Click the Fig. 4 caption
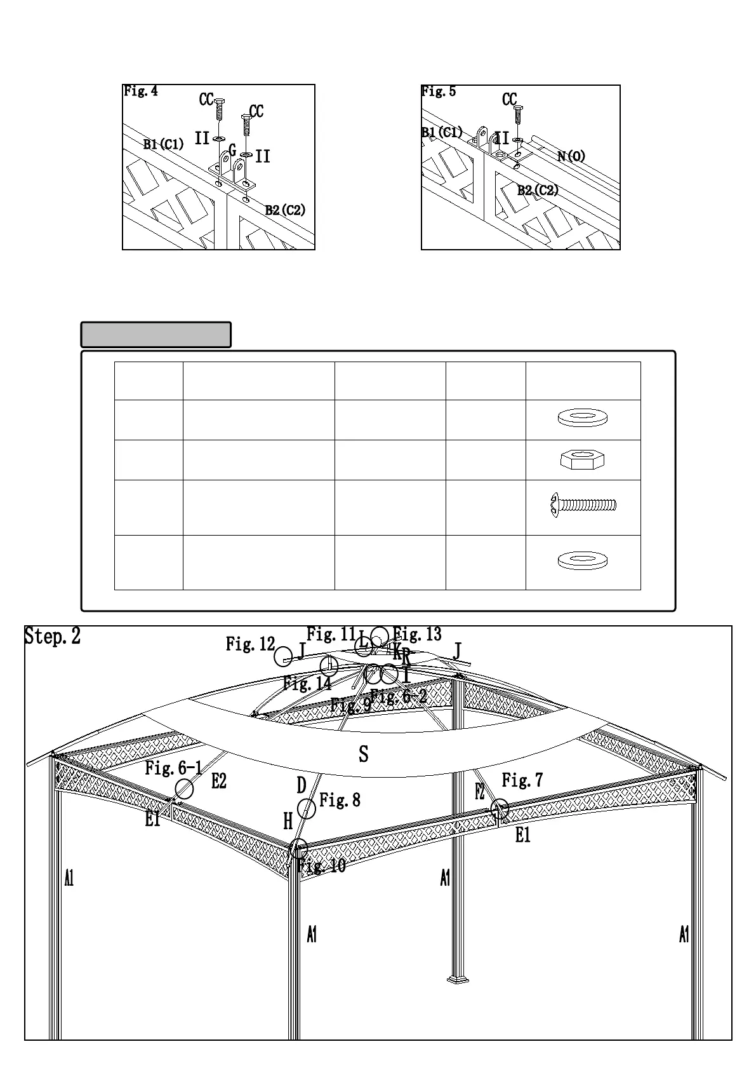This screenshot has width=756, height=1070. [x=141, y=91]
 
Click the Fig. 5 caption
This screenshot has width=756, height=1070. [x=439, y=91]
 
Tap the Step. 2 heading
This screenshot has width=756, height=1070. [x=53, y=636]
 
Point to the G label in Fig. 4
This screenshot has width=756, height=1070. [x=232, y=151]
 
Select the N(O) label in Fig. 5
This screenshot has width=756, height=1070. [x=571, y=156]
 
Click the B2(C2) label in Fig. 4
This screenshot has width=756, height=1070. [x=285, y=210]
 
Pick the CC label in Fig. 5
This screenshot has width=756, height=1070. [x=510, y=100]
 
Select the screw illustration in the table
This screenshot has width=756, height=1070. [x=583, y=505]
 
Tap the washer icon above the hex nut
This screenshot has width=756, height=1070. [x=582, y=417]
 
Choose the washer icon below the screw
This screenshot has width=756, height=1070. [x=582, y=560]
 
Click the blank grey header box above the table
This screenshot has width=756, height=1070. [x=156, y=335]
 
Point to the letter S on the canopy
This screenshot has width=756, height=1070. [x=363, y=754]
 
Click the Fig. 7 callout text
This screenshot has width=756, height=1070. [x=522, y=780]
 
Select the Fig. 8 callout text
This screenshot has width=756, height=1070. [x=340, y=800]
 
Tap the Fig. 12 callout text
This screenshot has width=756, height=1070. [x=250, y=645]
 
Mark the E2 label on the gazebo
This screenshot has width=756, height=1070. [x=218, y=782]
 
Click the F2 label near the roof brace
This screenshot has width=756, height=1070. [x=480, y=792]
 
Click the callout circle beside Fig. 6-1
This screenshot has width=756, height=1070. [x=184, y=790]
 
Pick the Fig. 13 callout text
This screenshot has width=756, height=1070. [x=417, y=634]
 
